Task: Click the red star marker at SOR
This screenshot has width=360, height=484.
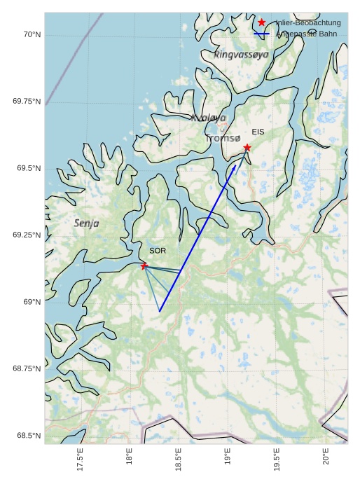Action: tap(144, 265)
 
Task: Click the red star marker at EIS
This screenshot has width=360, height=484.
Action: tap(247, 148)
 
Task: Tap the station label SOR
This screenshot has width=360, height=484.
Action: tap(158, 251)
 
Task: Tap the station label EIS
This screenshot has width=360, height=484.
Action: tap(258, 132)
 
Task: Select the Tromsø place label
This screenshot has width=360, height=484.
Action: tap(223, 139)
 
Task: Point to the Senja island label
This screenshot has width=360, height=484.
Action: tap(86, 223)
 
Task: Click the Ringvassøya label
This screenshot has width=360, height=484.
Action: tap(241, 54)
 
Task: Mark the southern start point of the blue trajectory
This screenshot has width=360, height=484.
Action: tap(160, 311)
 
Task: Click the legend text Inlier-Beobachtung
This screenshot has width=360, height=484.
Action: tap(308, 23)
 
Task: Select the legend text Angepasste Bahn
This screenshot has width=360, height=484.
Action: tap(307, 34)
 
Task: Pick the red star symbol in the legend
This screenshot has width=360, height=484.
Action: tap(262, 22)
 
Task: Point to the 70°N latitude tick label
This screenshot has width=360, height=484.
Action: tap(32, 34)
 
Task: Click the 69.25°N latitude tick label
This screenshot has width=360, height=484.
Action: tap(27, 235)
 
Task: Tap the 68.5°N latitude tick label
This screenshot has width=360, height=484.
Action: tap(29, 436)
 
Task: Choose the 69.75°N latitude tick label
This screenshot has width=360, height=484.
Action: tap(27, 102)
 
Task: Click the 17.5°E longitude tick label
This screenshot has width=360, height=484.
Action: tap(80, 459)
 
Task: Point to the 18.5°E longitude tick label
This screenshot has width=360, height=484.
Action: tap(178, 459)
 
